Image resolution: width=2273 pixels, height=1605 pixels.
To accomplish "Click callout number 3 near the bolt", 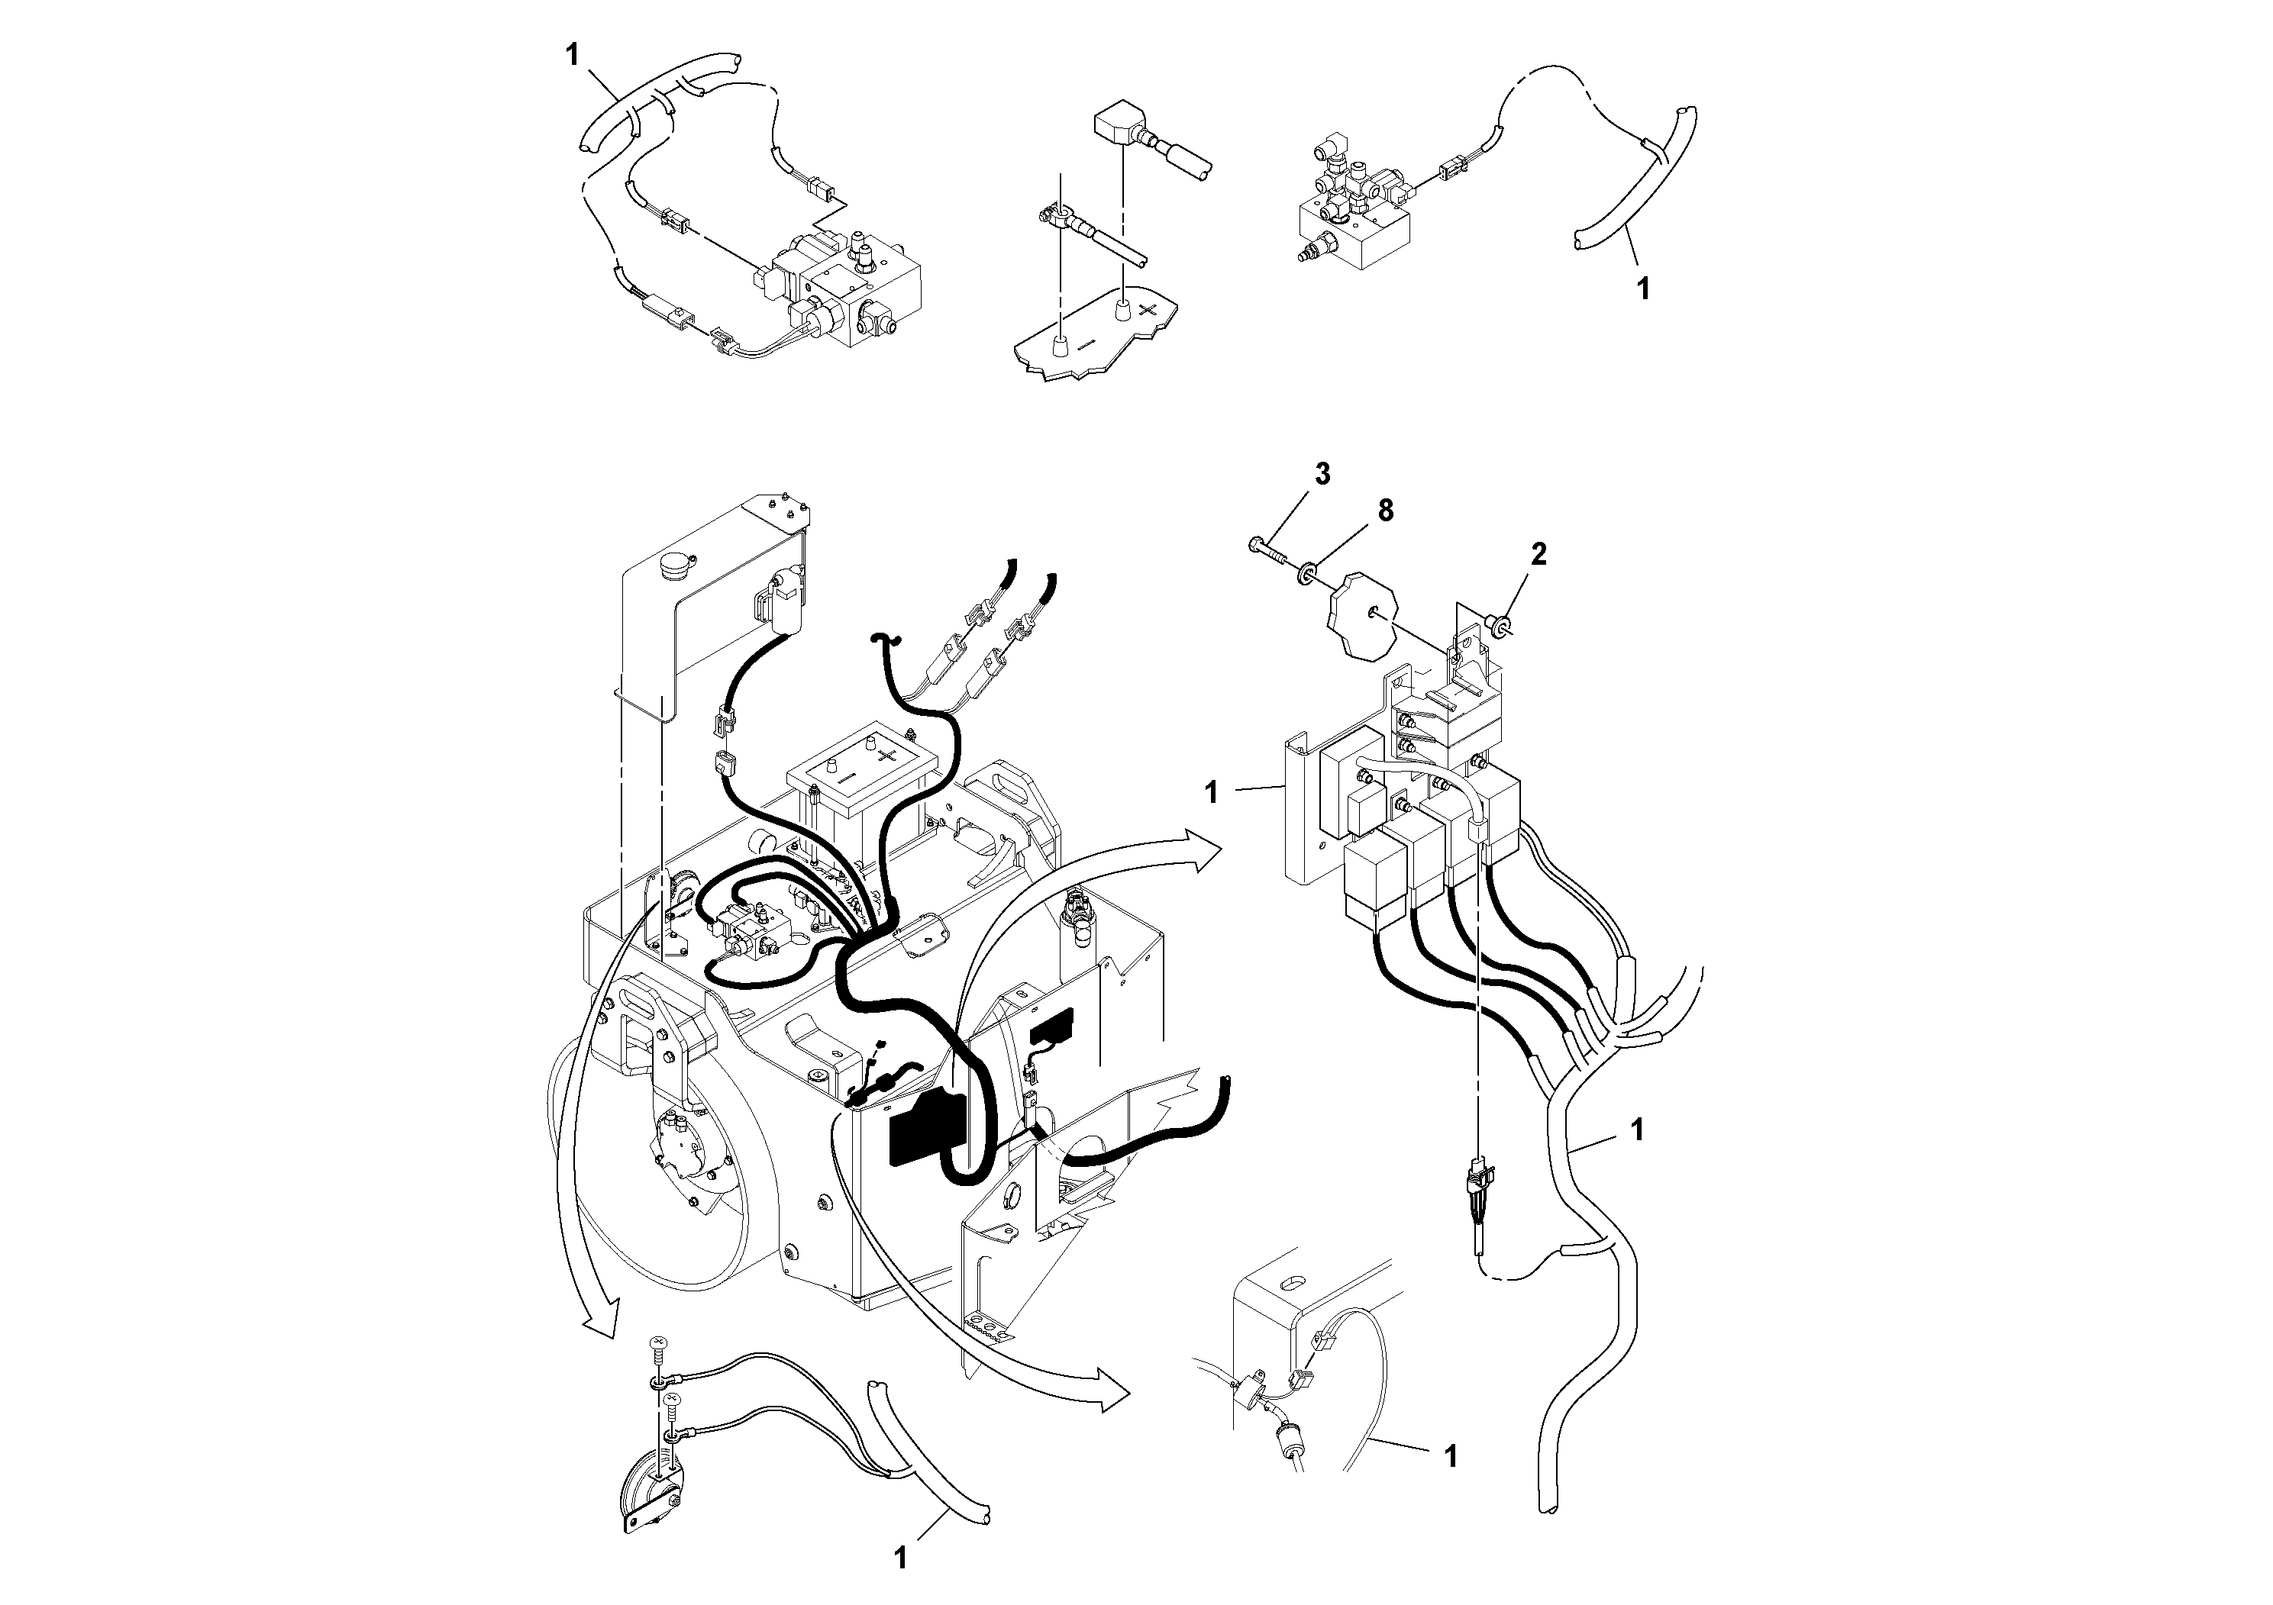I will click(1322, 474).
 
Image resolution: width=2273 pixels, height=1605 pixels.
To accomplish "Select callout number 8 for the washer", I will click(1385, 511).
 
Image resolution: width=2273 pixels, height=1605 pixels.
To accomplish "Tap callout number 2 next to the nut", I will click(1538, 554).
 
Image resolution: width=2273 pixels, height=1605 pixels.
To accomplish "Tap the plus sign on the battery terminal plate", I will click(1146, 310).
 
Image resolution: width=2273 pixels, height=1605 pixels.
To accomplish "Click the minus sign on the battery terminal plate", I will click(1085, 343).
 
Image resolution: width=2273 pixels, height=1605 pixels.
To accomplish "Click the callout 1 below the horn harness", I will click(900, 1559).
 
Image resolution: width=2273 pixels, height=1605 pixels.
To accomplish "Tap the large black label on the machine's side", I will click(927, 1127).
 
